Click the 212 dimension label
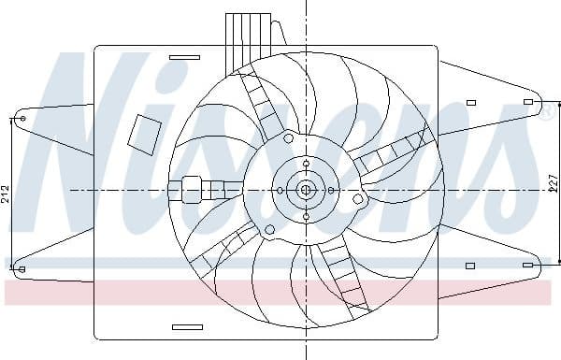pos(6,194)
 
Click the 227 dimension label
pos(553,183)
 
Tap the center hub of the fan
pos(306,190)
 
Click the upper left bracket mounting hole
pos(22,119)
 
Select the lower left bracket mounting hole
pos(22,270)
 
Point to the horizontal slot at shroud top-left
pos(186,58)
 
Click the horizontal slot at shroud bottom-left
pos(187,327)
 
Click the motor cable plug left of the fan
pos(193,190)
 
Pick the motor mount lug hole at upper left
pos(288,138)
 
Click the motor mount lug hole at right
pos(357,199)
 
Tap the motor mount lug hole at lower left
pos(269,229)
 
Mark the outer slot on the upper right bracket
pos(528,101)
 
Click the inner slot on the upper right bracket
pos(470,101)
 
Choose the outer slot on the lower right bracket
pos(528,266)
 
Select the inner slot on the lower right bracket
pos(470,266)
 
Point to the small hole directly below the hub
pos(306,217)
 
